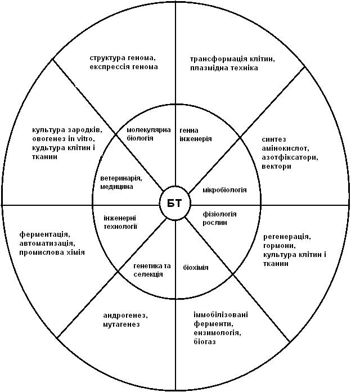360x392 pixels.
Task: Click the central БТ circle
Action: click(175, 203)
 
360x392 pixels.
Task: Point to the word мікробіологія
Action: click(224, 190)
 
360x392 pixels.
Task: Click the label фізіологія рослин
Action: click(219, 218)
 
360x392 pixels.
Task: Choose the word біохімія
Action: click(196, 268)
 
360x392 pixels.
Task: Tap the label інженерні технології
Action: click(120, 222)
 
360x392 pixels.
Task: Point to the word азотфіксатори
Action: click(290, 157)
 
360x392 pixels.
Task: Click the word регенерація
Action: click(287, 237)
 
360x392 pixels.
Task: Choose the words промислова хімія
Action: click(52, 253)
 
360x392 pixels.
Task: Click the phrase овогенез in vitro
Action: click(64, 139)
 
